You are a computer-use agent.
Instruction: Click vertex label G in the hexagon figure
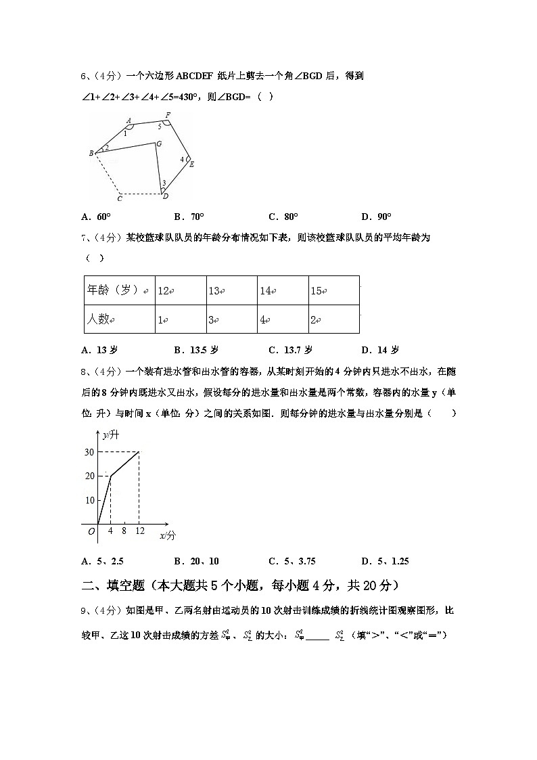pos(158,143)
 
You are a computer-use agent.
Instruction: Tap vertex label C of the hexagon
pos(120,198)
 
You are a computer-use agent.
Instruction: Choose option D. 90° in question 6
pos(376,217)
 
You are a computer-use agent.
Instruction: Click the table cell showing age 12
pos(180,290)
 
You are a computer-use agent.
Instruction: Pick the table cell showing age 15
pos(333,290)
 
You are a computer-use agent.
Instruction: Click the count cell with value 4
pos(282,319)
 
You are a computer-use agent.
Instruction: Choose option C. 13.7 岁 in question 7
pos(290,350)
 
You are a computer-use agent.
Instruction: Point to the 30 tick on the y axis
pos(89,452)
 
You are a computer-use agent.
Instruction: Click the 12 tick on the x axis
pos(139,531)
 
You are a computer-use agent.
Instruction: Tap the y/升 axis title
pos(110,435)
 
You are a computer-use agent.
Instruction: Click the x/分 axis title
pos(167,535)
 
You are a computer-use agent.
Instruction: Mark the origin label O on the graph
pos(91,532)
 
